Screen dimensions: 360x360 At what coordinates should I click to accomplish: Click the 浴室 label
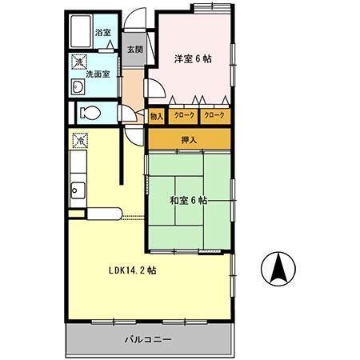tap(102, 33)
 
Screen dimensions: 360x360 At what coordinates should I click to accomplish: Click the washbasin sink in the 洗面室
tap(78, 87)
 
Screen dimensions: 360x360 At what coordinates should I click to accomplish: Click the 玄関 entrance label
tap(134, 50)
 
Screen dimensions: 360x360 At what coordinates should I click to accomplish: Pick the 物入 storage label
tap(156, 116)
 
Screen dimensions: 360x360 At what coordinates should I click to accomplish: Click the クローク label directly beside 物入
tap(183, 116)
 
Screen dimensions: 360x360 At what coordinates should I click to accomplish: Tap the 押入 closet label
tap(190, 139)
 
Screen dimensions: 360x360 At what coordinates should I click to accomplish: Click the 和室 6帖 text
tap(189, 200)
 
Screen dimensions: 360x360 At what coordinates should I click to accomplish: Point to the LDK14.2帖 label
tap(132, 270)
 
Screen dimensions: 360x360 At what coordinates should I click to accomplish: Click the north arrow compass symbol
tap(277, 268)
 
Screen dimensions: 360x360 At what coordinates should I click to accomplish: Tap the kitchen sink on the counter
tap(78, 190)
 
